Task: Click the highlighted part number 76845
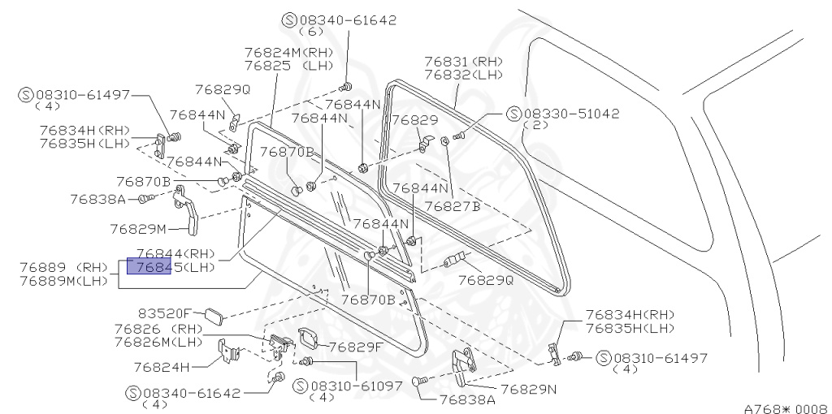(x=148, y=267)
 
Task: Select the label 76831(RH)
(x=464, y=61)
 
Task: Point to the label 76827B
(x=453, y=206)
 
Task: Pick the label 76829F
(x=355, y=347)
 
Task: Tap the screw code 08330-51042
(x=571, y=114)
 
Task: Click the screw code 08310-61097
(x=356, y=386)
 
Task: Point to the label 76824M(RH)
(x=284, y=52)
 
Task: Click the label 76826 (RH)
(x=158, y=329)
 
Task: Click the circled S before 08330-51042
(x=513, y=114)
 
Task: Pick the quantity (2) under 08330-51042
(x=535, y=126)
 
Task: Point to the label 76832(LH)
(x=464, y=73)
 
